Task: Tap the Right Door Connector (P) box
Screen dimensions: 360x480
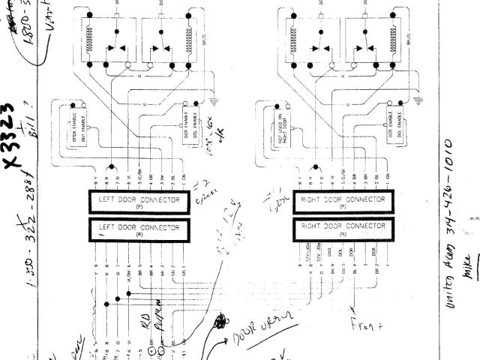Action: (342, 202)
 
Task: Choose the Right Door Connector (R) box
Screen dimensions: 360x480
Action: (342, 227)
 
